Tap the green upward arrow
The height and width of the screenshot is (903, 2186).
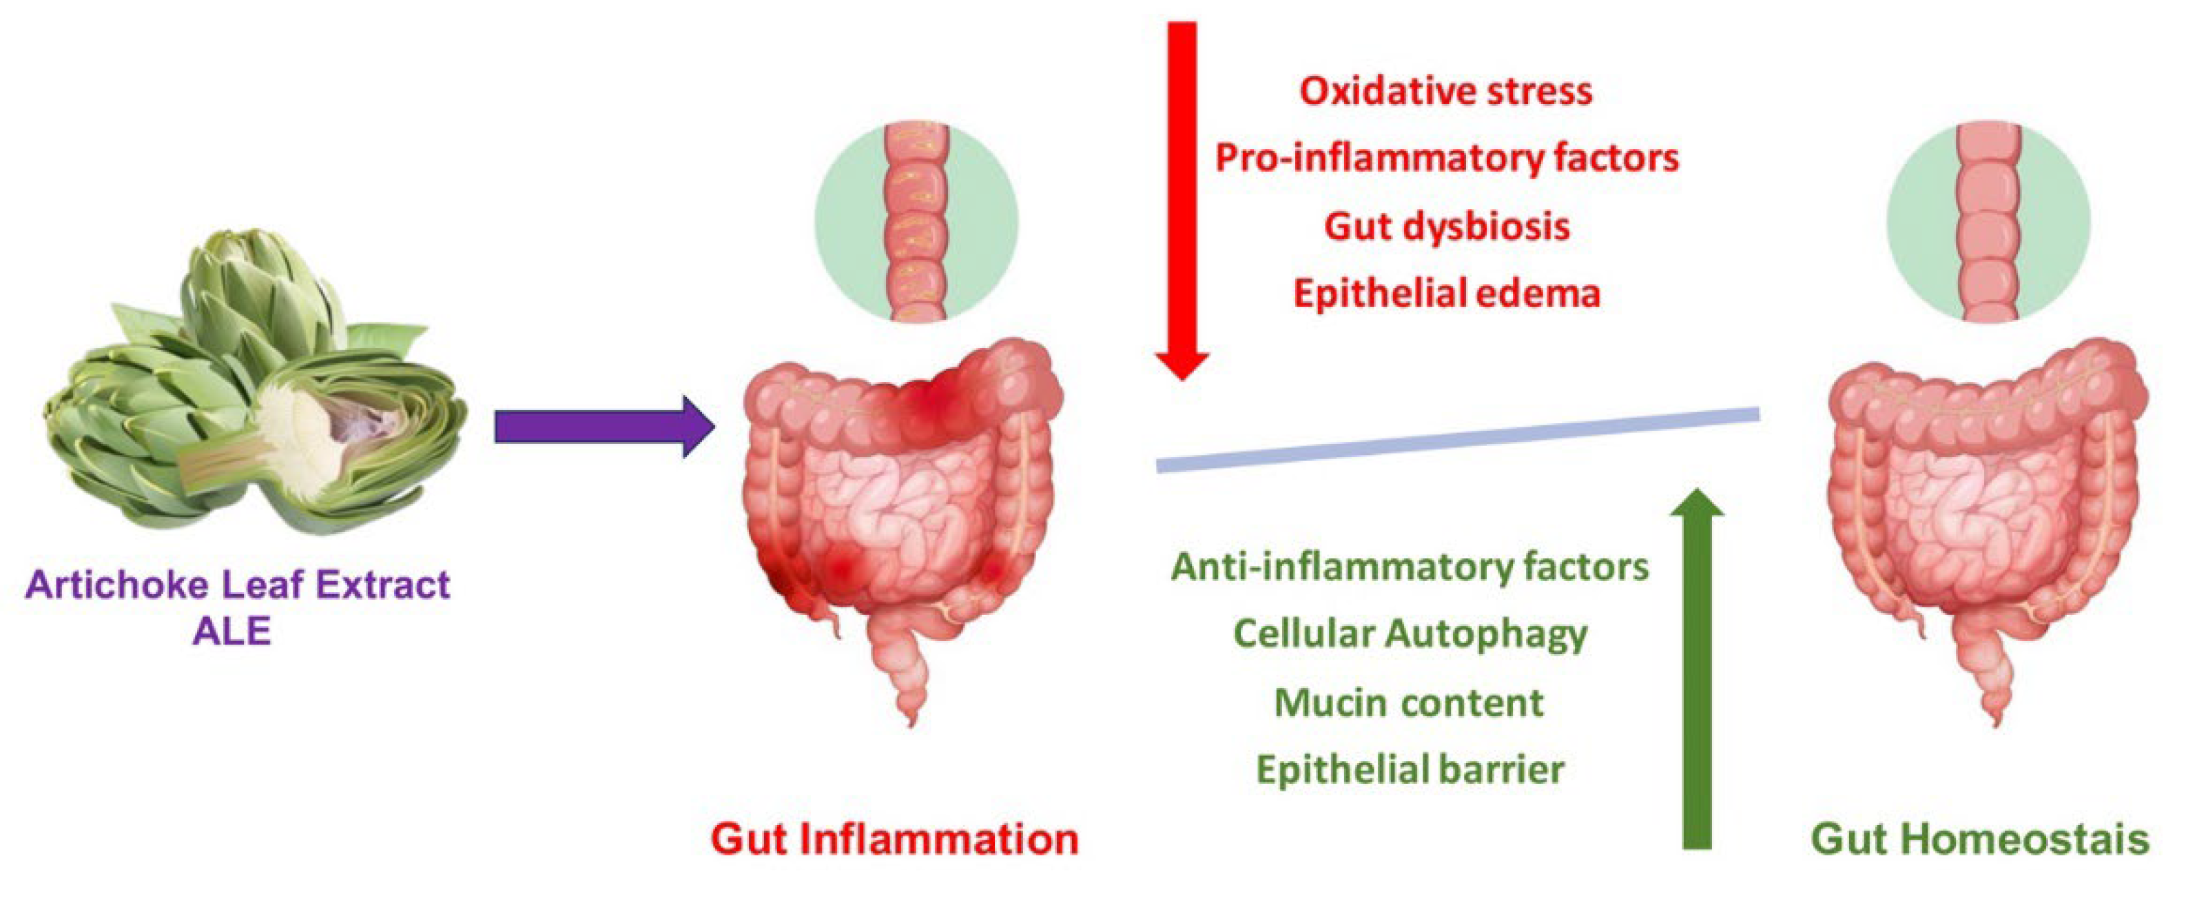pyautogui.click(x=1696, y=679)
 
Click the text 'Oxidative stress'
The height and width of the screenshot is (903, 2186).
pyautogui.click(x=1446, y=91)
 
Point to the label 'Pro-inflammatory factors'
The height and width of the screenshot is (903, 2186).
pyautogui.click(x=1446, y=158)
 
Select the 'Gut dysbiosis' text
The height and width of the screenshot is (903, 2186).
pyautogui.click(x=1446, y=226)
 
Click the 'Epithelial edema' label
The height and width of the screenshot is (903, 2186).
pyautogui.click(x=1446, y=294)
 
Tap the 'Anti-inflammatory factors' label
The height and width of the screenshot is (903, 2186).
pyautogui.click(x=1410, y=567)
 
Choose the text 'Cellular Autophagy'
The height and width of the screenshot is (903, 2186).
pyautogui.click(x=1410, y=634)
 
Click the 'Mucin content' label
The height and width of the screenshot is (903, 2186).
pyautogui.click(x=1410, y=702)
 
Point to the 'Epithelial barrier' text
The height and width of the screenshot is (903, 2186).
pyautogui.click(x=1410, y=770)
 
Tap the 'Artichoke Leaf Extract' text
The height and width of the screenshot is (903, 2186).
pyautogui.click(x=238, y=585)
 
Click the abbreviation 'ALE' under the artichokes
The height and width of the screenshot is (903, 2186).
pyautogui.click(x=231, y=631)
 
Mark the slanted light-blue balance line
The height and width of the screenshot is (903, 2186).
pyautogui.click(x=1457, y=440)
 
